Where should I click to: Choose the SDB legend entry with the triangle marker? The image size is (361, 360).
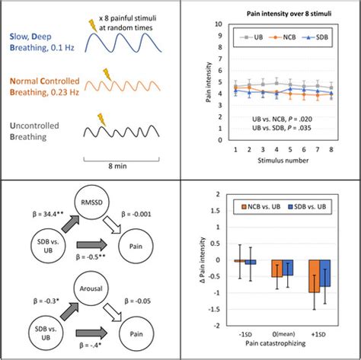point(308,37)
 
